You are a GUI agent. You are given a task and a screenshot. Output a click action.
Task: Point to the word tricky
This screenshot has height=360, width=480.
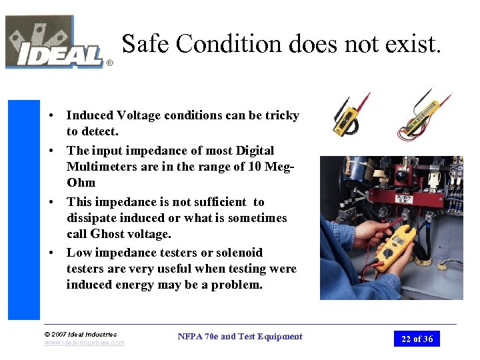282,115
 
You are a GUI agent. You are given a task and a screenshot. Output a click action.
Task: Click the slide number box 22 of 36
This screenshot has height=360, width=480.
417,339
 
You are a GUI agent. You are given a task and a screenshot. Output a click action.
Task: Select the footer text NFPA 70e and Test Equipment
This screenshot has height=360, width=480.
240,337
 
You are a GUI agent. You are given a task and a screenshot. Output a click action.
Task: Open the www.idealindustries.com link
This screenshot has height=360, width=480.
84,343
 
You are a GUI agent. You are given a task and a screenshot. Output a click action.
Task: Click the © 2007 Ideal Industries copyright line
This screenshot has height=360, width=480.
80,334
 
